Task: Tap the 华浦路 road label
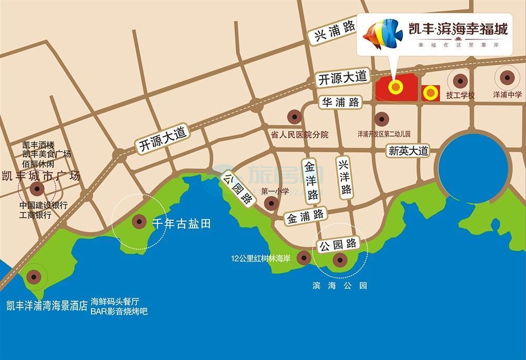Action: tap(340, 101)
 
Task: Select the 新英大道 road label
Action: tap(409, 151)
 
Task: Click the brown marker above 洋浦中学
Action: tap(507, 78)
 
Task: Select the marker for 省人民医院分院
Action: tap(293, 117)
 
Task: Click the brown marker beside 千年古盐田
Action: tap(139, 222)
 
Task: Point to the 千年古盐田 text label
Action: tap(181, 223)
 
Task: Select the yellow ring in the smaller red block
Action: tap(431, 93)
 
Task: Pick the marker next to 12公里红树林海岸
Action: tap(303, 257)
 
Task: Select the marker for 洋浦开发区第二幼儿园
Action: tap(380, 120)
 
